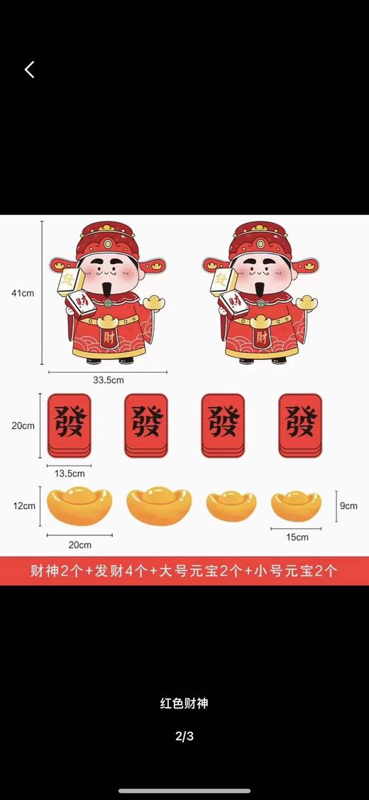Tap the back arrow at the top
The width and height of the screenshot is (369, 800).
(x=29, y=70)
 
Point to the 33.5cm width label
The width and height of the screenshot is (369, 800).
(x=108, y=380)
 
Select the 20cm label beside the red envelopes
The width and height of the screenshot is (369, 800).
(x=23, y=426)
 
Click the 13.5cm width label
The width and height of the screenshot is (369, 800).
(x=70, y=473)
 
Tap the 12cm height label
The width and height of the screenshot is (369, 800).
(x=23, y=506)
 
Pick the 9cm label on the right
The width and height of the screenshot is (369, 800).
(x=348, y=506)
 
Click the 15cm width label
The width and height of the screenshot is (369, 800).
(x=297, y=537)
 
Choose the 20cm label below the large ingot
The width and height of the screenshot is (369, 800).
(x=79, y=545)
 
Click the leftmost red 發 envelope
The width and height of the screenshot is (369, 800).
(x=69, y=425)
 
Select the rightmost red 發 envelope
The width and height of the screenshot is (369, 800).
(x=299, y=425)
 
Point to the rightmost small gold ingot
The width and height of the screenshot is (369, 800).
(x=296, y=505)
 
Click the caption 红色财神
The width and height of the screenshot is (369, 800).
(x=184, y=704)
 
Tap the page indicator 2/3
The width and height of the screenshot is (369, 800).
(x=184, y=736)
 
